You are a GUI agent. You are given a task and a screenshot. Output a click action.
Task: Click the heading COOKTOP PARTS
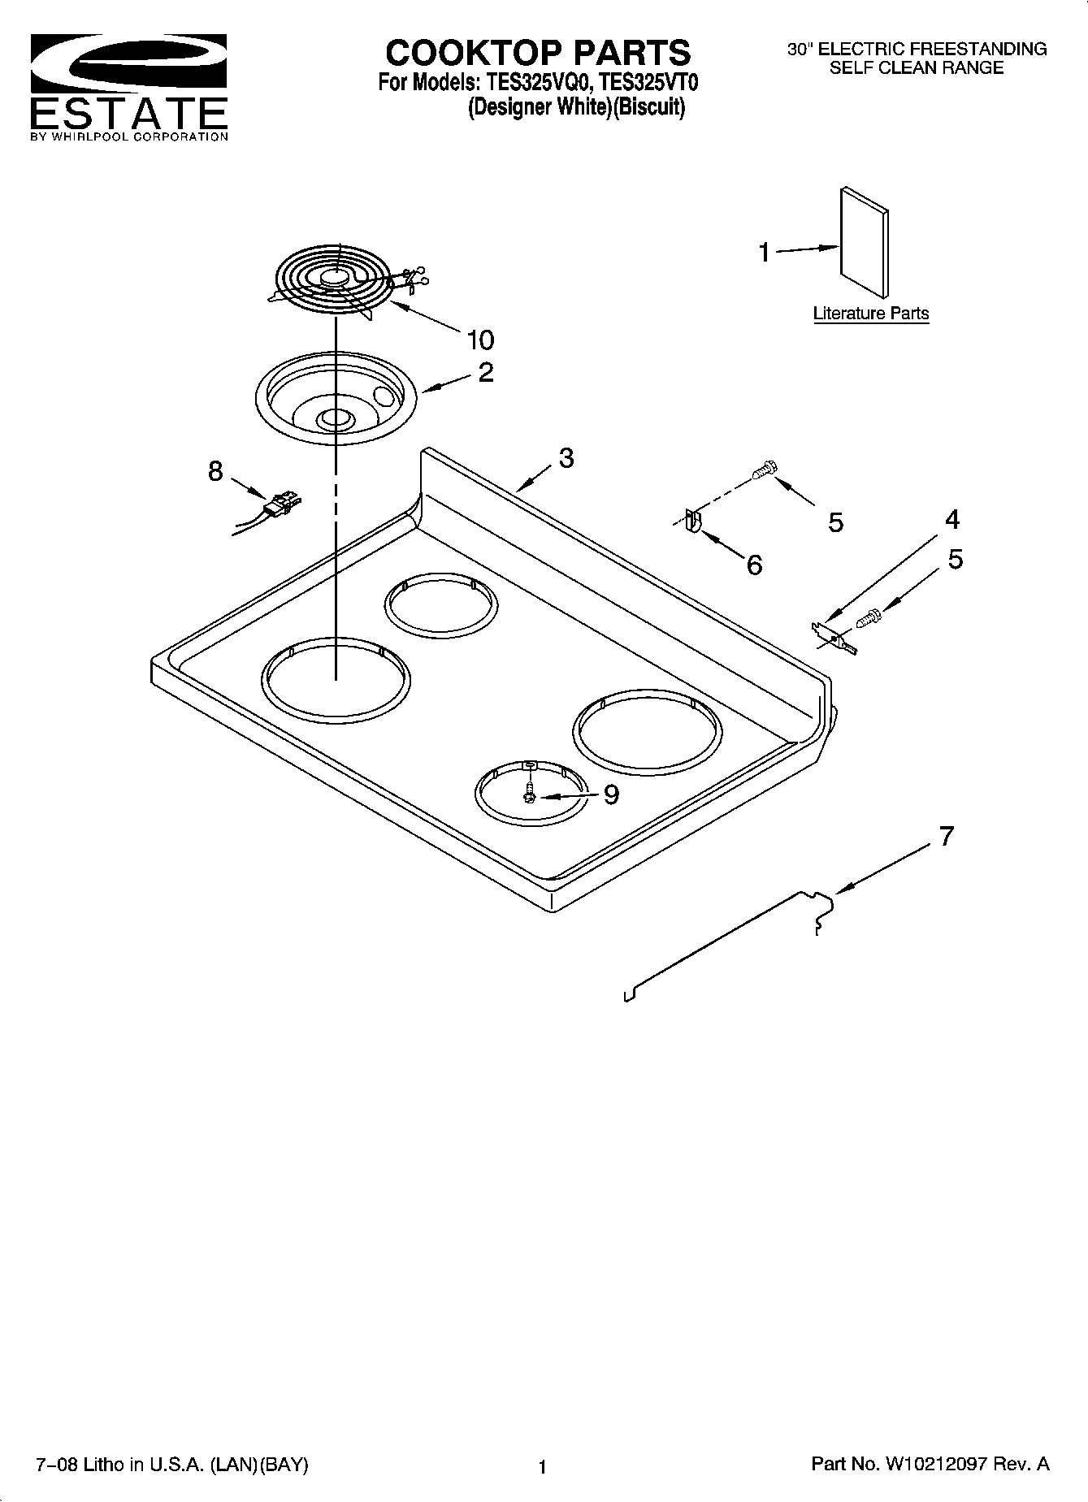tap(538, 53)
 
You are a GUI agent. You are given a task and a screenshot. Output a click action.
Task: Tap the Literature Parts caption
tap(870, 314)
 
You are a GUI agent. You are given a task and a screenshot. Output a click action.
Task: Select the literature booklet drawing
tap(864, 243)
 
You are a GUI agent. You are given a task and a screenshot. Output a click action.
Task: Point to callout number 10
tap(479, 339)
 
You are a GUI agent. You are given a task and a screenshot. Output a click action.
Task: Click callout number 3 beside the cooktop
tap(566, 457)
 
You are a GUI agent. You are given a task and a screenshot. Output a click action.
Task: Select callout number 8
tap(215, 470)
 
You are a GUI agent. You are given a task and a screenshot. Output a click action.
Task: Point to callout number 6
tap(754, 565)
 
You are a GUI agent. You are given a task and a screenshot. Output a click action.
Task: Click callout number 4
tap(951, 519)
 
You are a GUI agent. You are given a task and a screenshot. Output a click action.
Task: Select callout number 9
tap(610, 794)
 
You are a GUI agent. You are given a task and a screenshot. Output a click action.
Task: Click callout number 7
tap(946, 835)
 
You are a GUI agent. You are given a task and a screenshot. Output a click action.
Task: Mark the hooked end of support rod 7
tap(821, 910)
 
